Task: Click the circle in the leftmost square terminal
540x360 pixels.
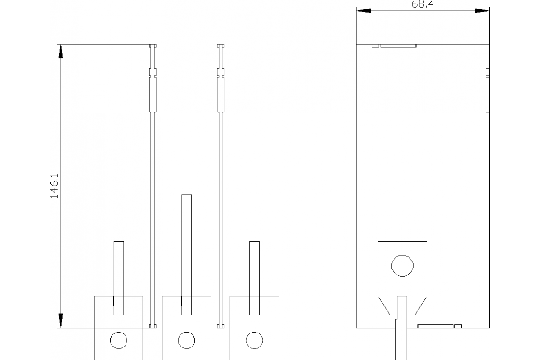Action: (119, 340)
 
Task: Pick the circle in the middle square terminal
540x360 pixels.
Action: (186, 340)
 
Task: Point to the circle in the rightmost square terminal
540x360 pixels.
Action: (254, 340)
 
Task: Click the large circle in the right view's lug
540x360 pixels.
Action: (402, 265)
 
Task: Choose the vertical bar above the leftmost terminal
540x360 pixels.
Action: (119, 278)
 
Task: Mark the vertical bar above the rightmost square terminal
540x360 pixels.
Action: (254, 278)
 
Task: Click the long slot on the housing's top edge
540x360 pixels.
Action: (398, 45)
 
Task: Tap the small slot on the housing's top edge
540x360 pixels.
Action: (375, 45)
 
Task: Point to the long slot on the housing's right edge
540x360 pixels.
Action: (487, 94)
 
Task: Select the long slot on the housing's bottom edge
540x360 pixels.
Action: (435, 326)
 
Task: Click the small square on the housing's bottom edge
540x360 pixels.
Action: (458, 326)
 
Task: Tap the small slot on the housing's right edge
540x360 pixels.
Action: (487, 72)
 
